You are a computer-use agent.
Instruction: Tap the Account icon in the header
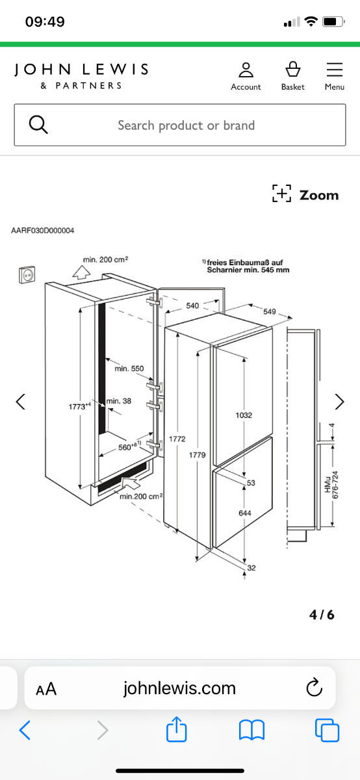pyautogui.click(x=246, y=70)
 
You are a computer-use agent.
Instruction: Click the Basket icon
pyautogui.click(x=293, y=69)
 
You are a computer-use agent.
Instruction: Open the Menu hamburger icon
pyautogui.click(x=335, y=70)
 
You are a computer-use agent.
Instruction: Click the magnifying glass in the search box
pyautogui.click(x=38, y=125)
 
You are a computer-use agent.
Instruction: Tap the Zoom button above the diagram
pyautogui.click(x=305, y=194)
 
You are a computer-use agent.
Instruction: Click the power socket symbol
pyautogui.click(x=27, y=274)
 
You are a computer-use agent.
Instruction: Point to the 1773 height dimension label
pyautogui.click(x=80, y=406)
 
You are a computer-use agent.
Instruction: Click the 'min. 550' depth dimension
pyautogui.click(x=129, y=369)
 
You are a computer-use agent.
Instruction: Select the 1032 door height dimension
pyautogui.click(x=244, y=415)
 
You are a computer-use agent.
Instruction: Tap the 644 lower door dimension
pyautogui.click(x=245, y=513)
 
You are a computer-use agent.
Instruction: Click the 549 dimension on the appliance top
pyautogui.click(x=270, y=311)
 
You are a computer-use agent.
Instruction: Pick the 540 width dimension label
pyautogui.click(x=192, y=305)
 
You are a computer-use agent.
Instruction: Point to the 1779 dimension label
pyautogui.click(x=198, y=455)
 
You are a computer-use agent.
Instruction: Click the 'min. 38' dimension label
pyautogui.click(x=119, y=401)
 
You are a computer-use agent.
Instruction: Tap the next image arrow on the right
pyautogui.click(x=339, y=402)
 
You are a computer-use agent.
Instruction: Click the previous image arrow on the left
pyautogui.click(x=21, y=402)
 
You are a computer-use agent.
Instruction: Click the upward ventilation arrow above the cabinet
pyautogui.click(x=82, y=272)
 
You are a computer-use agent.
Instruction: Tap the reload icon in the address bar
pyautogui.click(x=314, y=687)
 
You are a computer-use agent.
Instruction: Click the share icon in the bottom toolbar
pyautogui.click(x=177, y=729)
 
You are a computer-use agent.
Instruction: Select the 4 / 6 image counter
pyautogui.click(x=322, y=615)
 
